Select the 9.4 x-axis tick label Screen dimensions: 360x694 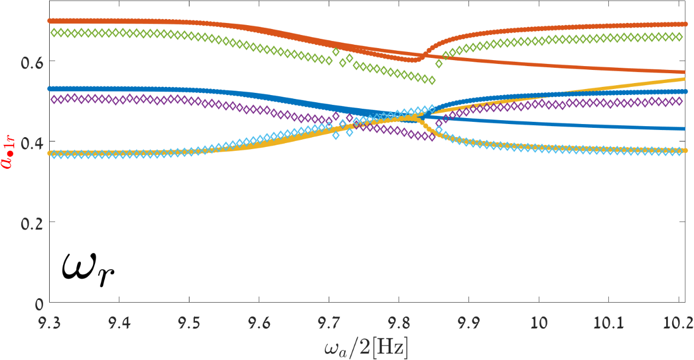(119, 322)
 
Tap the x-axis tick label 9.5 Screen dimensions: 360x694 (189, 322)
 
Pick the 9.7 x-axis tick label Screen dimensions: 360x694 (329, 322)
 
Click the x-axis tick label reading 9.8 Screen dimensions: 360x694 (399, 322)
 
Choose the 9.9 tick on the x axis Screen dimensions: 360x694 (468, 322)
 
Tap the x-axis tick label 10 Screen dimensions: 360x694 (539, 322)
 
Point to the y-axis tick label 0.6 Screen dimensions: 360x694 (31, 61)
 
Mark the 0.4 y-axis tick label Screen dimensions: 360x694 (31, 141)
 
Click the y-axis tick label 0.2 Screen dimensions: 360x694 (31, 222)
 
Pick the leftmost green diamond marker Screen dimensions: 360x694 (53, 33)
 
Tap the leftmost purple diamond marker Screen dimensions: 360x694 (53, 99)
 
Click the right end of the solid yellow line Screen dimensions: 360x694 (684, 79)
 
